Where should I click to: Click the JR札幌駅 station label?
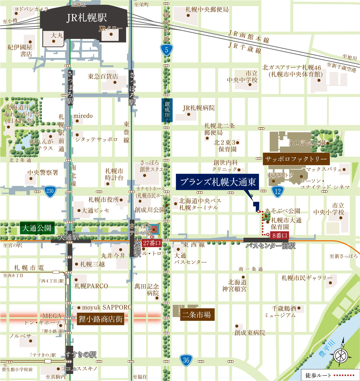(87, 18)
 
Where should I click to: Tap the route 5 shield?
(166, 50)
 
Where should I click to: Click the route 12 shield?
(277, 191)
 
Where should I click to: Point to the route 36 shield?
(186, 360)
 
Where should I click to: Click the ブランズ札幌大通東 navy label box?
(218, 182)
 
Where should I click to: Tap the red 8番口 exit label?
(279, 235)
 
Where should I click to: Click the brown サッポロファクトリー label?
(296, 159)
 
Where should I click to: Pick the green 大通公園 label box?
(37, 228)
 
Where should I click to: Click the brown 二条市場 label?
(197, 315)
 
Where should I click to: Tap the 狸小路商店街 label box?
(100, 319)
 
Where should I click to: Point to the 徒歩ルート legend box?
(330, 375)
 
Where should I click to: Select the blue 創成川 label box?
(167, 110)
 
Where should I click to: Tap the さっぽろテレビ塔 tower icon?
(155, 229)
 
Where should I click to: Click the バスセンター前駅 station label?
(270, 246)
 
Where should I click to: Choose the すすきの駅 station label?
(81, 354)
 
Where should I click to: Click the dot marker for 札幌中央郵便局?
(188, 15)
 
